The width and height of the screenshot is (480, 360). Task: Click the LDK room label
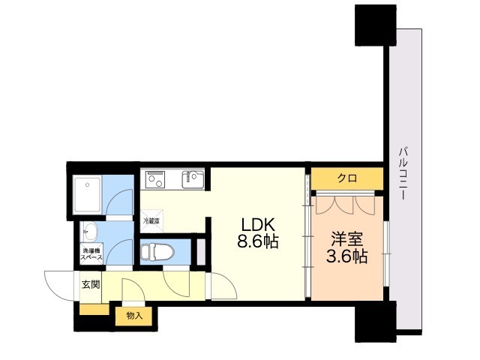pyautogui.click(x=258, y=225)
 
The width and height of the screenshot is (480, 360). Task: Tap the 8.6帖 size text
pyautogui.click(x=258, y=241)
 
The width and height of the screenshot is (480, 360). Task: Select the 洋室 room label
pyautogui.click(x=346, y=239)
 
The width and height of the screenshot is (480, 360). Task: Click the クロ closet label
pyautogui.click(x=347, y=178)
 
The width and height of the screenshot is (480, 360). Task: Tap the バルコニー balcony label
pyautogui.click(x=403, y=174)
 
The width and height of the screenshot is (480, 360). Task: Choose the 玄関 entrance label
pyautogui.click(x=91, y=285)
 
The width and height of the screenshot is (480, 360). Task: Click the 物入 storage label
pyautogui.click(x=134, y=316)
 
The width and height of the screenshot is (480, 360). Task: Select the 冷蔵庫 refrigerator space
pyautogui.click(x=151, y=220)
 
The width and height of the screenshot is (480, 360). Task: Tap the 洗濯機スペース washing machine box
pyautogui.click(x=91, y=253)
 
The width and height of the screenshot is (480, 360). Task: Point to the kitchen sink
pyautogui.click(x=193, y=179)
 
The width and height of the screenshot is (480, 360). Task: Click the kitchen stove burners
pyautogui.click(x=155, y=179)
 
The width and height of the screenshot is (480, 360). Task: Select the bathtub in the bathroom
pyautogui.click(x=87, y=195)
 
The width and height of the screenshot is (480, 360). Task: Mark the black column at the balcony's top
pyautogui.click(x=376, y=25)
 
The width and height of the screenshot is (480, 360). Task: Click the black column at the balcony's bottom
pyautogui.click(x=376, y=322)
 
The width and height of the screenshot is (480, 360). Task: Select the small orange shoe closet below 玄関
pyautogui.click(x=94, y=309)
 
